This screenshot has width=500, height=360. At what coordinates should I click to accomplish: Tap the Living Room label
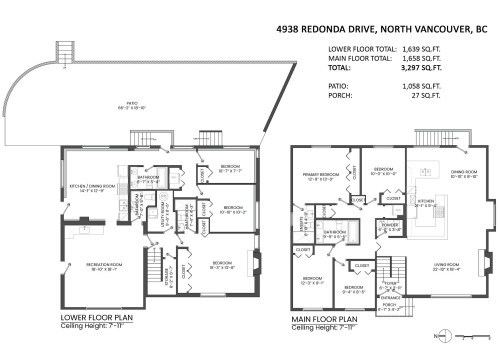tap(446, 267)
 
